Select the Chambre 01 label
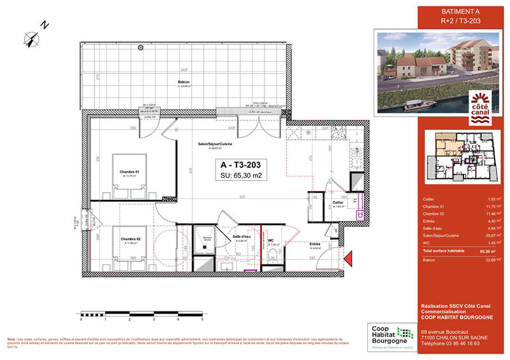click(x=130, y=171)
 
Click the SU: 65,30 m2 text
click(x=237, y=176)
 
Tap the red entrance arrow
click(x=347, y=257)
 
